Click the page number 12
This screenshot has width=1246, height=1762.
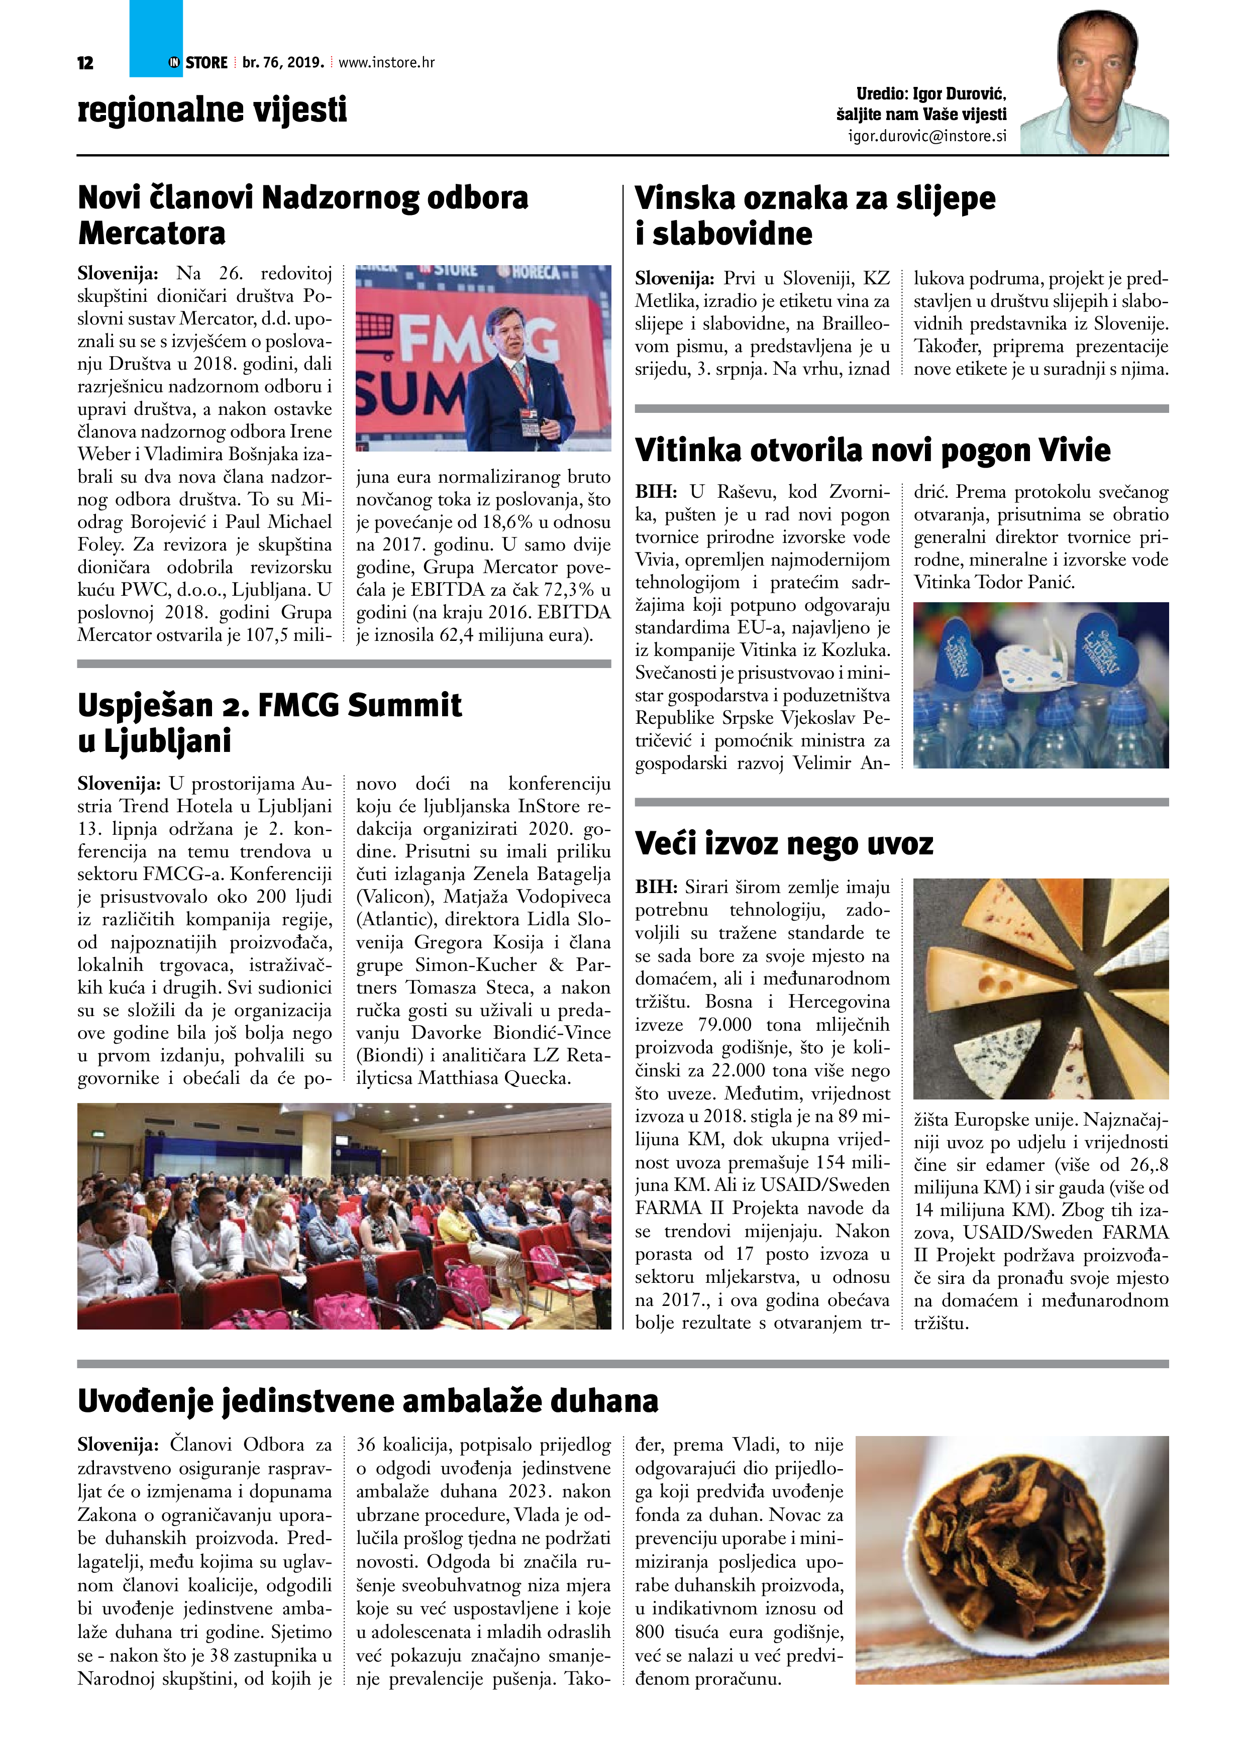point(85,63)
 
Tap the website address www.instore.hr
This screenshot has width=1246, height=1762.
point(386,63)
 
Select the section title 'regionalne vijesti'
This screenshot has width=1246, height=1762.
point(212,109)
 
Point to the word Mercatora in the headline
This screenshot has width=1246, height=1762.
point(152,233)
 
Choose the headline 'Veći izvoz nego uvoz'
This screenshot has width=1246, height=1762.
point(784,844)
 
